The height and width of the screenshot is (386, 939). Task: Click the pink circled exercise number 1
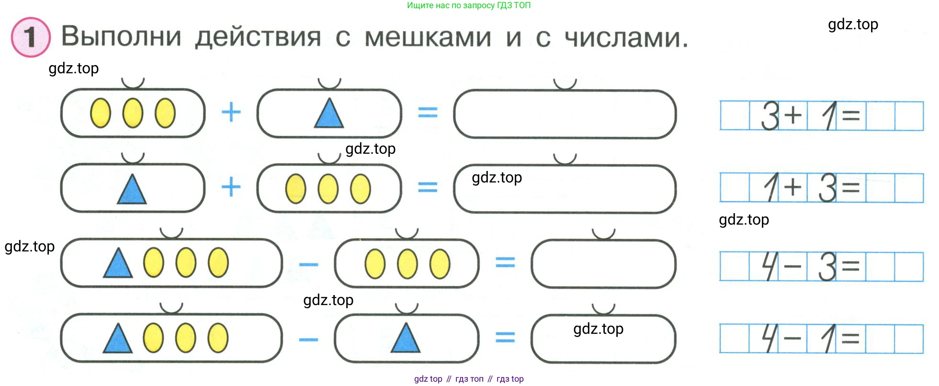point(31,37)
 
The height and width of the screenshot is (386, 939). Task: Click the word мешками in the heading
point(428,37)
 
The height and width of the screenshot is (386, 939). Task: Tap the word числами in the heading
point(626,37)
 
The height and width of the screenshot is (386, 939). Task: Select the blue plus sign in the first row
point(231,113)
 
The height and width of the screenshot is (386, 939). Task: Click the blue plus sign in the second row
point(231,187)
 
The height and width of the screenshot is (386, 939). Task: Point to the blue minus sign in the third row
point(308,264)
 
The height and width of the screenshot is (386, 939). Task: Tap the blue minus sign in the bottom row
point(308,340)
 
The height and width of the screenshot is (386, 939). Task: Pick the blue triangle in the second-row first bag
point(132,190)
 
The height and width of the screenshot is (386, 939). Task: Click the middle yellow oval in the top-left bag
point(133,113)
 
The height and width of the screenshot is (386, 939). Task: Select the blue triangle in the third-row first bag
point(118,264)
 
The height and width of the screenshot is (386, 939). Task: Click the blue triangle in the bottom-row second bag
point(406,339)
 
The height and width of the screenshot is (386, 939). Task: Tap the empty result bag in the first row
point(565,114)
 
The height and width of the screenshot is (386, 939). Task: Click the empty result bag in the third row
point(603,264)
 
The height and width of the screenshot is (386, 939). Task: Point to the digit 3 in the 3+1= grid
point(770,116)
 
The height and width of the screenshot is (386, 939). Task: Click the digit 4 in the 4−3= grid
point(769,266)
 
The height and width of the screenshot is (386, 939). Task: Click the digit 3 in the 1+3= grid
point(827,188)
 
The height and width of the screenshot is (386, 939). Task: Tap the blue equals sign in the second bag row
point(428,187)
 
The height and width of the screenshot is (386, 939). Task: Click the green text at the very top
point(468,5)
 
